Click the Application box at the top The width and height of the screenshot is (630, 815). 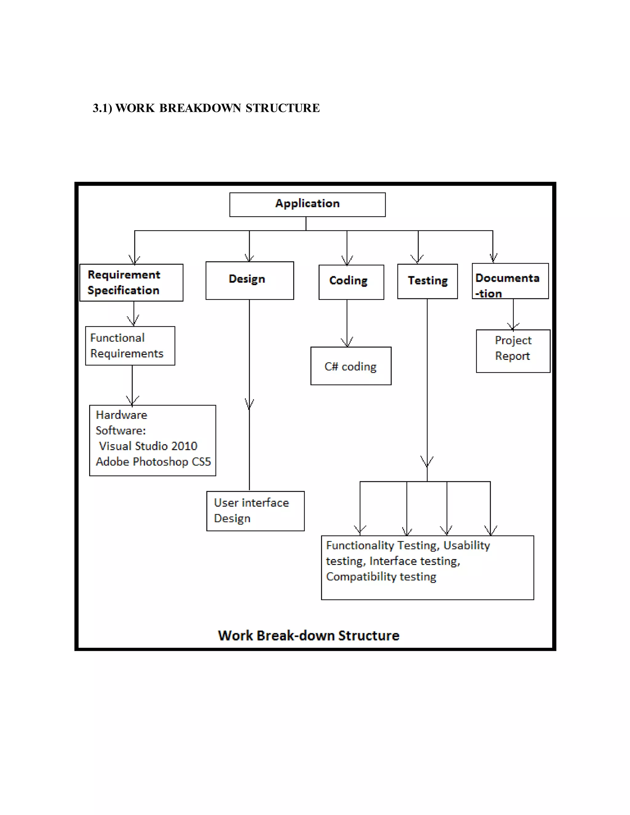point(307,204)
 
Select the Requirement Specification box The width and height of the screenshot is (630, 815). point(131,283)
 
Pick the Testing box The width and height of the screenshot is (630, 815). point(427,281)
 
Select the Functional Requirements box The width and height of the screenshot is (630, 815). point(130,346)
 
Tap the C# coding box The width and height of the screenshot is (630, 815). point(350,366)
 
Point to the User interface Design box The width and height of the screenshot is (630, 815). point(255,511)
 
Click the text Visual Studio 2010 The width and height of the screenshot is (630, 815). point(148,446)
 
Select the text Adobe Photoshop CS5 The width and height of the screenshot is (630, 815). point(153,462)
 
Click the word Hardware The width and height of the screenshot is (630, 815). point(121,415)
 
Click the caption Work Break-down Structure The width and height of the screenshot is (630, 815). point(309,635)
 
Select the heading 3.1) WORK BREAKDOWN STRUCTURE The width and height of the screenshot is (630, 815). point(206,108)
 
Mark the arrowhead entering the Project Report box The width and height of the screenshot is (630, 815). point(513,327)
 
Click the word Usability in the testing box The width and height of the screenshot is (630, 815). point(467,545)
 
